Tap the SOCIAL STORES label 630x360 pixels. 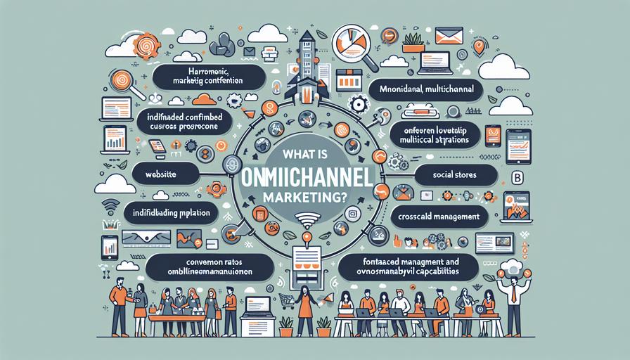(x=456, y=174)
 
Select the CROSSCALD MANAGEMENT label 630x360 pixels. (x=435, y=217)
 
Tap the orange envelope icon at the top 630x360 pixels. (x=449, y=37)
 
